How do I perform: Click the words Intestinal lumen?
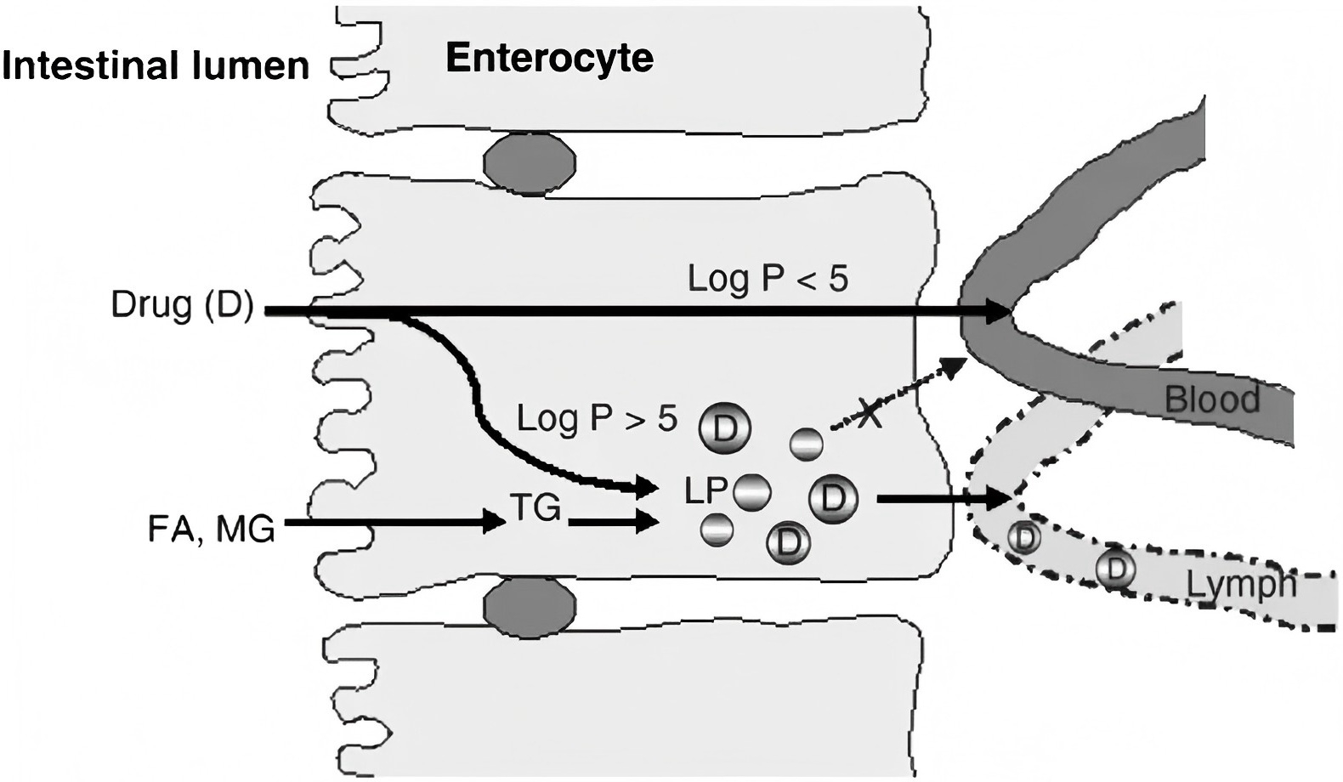pyautogui.click(x=156, y=65)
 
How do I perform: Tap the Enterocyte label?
pyautogui.click(x=549, y=58)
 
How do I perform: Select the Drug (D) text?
pyautogui.click(x=182, y=305)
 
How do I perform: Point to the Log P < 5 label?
pyautogui.click(x=767, y=279)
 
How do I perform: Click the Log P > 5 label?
pyautogui.click(x=597, y=418)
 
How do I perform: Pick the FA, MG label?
pyautogui.click(x=211, y=529)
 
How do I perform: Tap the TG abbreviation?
pyautogui.click(x=535, y=507)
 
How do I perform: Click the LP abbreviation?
pyautogui.click(x=705, y=490)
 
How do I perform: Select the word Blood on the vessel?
pyautogui.click(x=1210, y=399)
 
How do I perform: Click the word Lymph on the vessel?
pyautogui.click(x=1240, y=585)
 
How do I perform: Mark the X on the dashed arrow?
pyautogui.click(x=868, y=415)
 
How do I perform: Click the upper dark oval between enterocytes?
pyautogui.click(x=530, y=158)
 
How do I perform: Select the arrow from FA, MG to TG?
pyautogui.click(x=395, y=522)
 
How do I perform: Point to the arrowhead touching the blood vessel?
pyautogui.click(x=994, y=312)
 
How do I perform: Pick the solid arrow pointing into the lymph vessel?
pyautogui.click(x=943, y=499)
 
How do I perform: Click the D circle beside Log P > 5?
pyautogui.click(x=724, y=429)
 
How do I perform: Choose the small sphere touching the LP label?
pyautogui.click(x=751, y=492)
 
